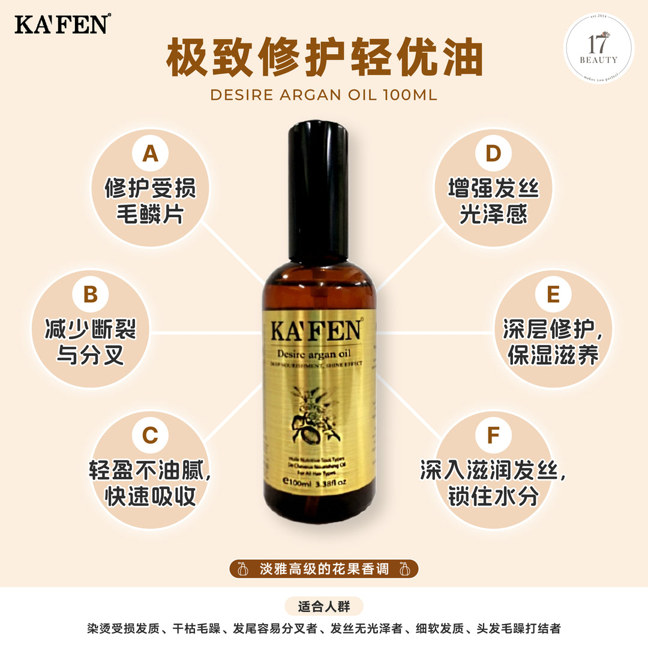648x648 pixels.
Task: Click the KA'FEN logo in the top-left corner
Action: [x=62, y=24]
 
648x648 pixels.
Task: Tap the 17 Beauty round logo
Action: [x=598, y=48]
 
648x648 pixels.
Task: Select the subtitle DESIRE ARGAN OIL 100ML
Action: [x=324, y=95]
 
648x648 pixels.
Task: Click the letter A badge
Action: [x=150, y=154]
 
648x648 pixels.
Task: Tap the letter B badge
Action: [x=90, y=295]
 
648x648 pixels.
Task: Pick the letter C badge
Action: [x=150, y=435]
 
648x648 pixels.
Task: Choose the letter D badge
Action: [x=493, y=154]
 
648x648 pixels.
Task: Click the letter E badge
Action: [x=553, y=295]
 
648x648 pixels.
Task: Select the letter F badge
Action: [x=493, y=435]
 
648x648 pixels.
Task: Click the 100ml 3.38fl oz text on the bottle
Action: [x=316, y=481]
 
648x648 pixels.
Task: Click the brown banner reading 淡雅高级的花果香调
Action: [x=324, y=569]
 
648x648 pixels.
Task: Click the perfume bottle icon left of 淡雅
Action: [x=244, y=569]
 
